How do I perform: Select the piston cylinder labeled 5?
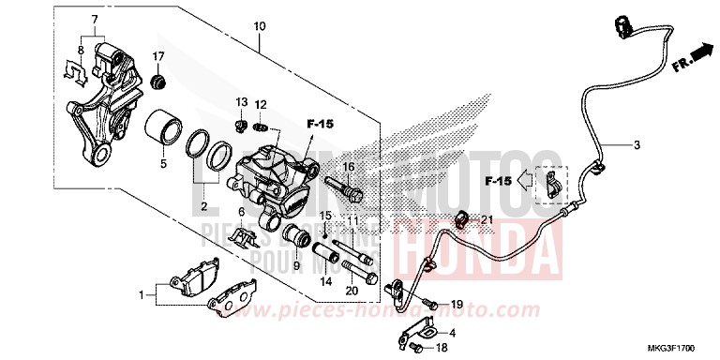pyautogui.click(x=164, y=128)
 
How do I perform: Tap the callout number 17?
pyautogui.click(x=158, y=57)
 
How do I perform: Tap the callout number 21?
pyautogui.click(x=487, y=219)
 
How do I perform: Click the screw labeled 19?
pyautogui.click(x=430, y=304)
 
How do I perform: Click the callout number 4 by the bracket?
pyautogui.click(x=454, y=332)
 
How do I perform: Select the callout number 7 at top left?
pyautogui.click(x=95, y=20)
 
